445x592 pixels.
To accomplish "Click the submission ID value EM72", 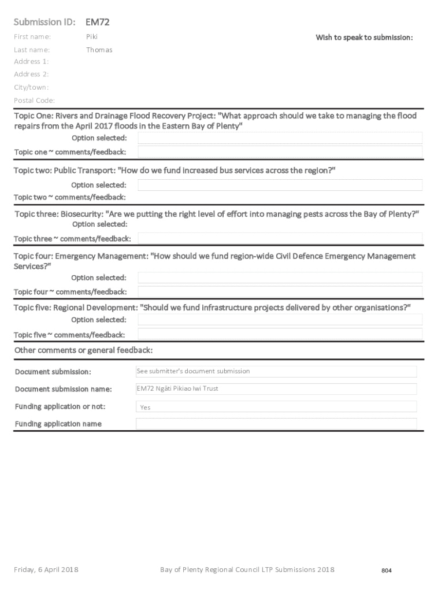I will (98, 23).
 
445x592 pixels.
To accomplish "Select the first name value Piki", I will (92, 37).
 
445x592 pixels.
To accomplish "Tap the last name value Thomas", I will (99, 50).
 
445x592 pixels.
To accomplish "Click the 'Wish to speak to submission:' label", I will (364, 38).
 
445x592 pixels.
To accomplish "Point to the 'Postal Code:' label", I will (34, 101).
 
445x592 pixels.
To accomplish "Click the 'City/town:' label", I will (31, 87).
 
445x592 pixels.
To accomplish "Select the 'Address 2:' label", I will (31, 74).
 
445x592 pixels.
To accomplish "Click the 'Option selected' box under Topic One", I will (280, 138).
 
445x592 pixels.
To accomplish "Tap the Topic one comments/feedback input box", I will (280, 152).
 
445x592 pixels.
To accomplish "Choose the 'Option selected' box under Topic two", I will (280, 185).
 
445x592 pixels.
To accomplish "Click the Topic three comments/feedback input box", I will (280, 238).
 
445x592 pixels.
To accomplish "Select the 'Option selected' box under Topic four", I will (280, 277).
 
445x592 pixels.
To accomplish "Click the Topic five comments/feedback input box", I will (280, 334).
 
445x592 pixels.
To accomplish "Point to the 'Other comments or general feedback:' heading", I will (83, 350).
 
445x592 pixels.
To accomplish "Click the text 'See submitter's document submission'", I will (194, 371).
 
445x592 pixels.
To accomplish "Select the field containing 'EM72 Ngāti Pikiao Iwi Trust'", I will (276, 389).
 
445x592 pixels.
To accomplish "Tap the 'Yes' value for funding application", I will (146, 408).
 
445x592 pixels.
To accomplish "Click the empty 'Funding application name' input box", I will (276, 424).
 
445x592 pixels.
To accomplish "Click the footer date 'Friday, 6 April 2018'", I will (46, 570).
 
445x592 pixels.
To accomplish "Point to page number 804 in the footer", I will (387, 571).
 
